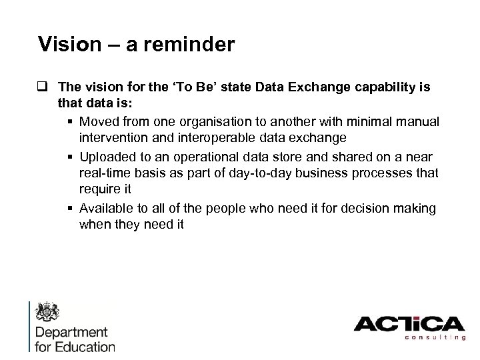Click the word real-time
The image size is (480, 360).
(x=103, y=173)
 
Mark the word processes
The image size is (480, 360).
(x=376, y=173)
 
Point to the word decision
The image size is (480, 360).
(x=359, y=209)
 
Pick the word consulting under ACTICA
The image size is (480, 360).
(x=433, y=338)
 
